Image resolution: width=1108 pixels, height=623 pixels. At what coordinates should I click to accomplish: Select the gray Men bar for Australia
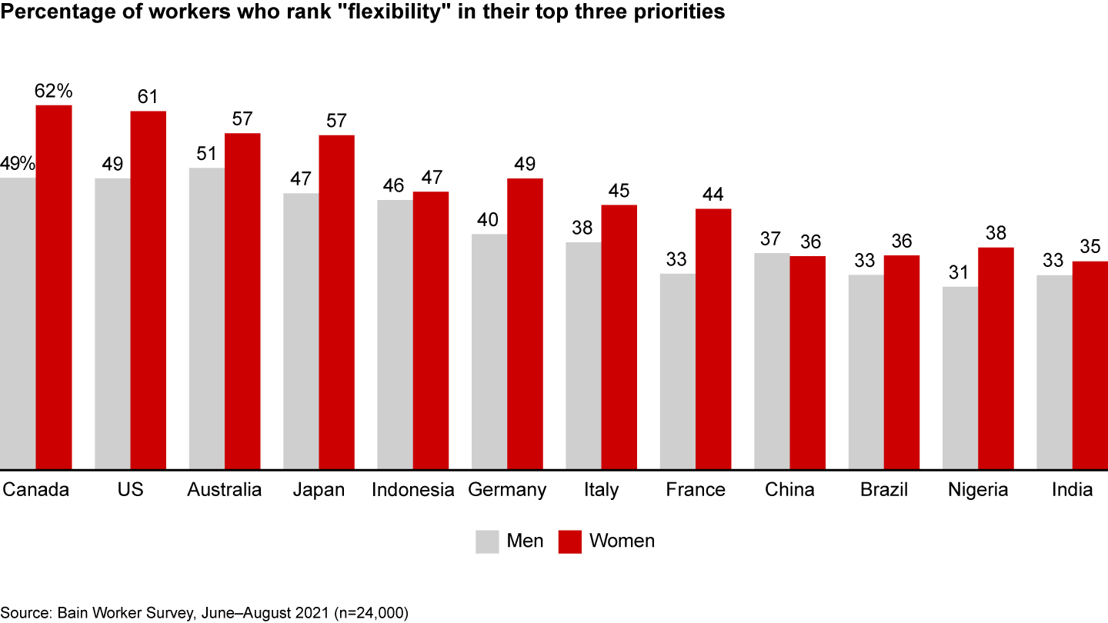pyautogui.click(x=206, y=318)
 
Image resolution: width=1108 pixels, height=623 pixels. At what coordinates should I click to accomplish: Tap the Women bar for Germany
pyautogui.click(x=525, y=323)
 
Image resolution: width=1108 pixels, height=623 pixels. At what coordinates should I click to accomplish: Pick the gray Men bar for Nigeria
pyautogui.click(x=960, y=378)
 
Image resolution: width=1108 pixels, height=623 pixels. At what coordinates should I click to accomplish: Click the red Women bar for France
pyautogui.click(x=713, y=338)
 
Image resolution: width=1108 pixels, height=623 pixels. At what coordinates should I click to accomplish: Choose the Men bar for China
pyautogui.click(x=772, y=361)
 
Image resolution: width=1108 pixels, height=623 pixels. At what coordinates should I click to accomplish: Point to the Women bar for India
pyautogui.click(x=1090, y=365)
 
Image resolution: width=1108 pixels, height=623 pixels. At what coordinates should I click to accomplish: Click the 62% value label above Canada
pyautogui.click(x=54, y=91)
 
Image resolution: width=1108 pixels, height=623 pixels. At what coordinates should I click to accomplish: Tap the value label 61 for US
pyautogui.click(x=148, y=97)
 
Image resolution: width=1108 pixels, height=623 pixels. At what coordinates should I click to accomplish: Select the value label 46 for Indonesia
pyautogui.click(x=395, y=185)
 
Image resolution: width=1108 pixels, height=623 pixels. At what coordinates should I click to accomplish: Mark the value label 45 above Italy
pyautogui.click(x=619, y=191)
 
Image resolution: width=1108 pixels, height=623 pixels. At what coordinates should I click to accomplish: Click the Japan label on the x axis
pyautogui.click(x=319, y=490)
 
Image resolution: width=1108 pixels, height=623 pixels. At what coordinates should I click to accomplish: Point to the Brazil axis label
pyautogui.click(x=885, y=490)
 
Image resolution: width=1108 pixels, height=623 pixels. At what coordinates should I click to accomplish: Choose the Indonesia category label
pyautogui.click(x=413, y=490)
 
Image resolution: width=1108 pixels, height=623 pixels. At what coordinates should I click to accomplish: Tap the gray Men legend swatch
pyautogui.click(x=487, y=541)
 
